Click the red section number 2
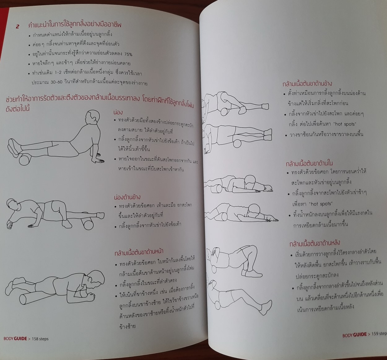pyautogui.click(x=18, y=27)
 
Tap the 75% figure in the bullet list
pyautogui.click(x=128, y=54)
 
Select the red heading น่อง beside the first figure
pyautogui.click(x=118, y=112)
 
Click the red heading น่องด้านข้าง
pyautogui.click(x=127, y=197)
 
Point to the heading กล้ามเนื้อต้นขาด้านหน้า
pyautogui.click(x=139, y=252)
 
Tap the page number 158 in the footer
pyautogui.click(x=35, y=339)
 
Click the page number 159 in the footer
pyautogui.click(x=375, y=334)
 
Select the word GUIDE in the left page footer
pyautogui.click(x=20, y=339)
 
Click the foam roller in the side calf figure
pyautogui.click(x=88, y=224)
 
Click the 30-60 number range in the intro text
pyautogui.click(x=56, y=82)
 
